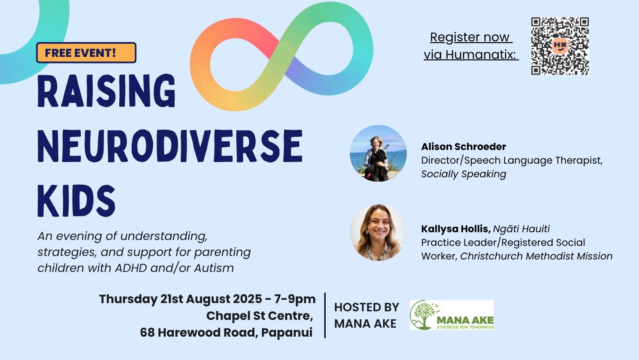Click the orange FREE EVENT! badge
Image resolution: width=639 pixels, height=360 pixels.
pos(86,53)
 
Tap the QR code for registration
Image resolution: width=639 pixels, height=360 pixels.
pos(560,46)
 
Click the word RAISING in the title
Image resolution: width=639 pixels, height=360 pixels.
pos(106,91)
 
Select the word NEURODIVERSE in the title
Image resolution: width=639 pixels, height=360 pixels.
pos(170,146)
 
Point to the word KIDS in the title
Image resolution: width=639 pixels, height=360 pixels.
pos(76,201)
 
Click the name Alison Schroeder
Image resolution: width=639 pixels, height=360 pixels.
pos(464,146)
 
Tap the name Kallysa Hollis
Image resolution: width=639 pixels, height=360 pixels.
pos(456,229)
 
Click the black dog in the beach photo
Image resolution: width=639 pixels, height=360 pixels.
pos(376,166)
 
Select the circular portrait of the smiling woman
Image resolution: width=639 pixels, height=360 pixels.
pos(378,233)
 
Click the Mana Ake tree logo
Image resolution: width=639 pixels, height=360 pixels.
pos(452,315)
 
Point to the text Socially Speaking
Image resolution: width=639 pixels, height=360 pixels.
pos(464,174)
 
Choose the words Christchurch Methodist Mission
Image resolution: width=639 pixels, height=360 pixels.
pos(536,256)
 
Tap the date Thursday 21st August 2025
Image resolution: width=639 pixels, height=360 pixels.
pos(180,299)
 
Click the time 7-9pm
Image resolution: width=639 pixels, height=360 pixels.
pos(295,300)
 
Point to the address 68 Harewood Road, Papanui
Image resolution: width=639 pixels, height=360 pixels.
pos(226,333)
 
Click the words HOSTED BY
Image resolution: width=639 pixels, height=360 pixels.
pos(367,307)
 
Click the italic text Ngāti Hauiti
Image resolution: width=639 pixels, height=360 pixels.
pos(521,229)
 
